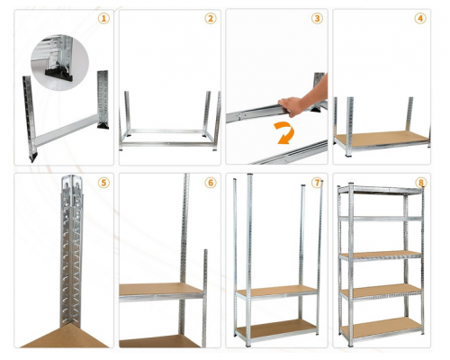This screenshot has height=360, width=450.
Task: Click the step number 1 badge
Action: coord(103,19)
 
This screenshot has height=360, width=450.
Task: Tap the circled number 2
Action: coord(211,19)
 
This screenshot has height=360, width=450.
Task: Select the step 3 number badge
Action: coord(317,19)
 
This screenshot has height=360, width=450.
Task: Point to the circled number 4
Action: coord(420,19)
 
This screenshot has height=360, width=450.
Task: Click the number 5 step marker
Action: coord(103,183)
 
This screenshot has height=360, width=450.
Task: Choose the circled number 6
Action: coord(211,183)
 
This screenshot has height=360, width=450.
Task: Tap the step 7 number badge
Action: coord(317,183)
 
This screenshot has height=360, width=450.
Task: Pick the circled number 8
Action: coord(420,183)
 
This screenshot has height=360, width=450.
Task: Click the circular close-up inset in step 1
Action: coord(60,62)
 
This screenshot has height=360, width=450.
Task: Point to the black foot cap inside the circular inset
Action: coord(59,75)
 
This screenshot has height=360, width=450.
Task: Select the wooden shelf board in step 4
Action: coord(382,138)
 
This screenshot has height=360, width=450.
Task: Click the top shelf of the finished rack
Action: coord(381,190)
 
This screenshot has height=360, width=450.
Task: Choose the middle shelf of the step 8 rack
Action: coord(381,256)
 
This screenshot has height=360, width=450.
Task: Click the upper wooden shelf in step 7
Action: coord(276,292)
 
